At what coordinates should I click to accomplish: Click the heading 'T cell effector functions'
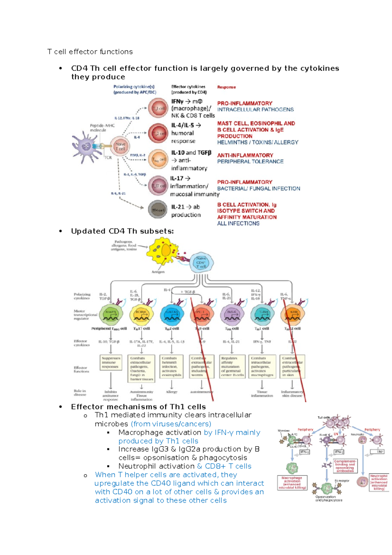(x=90, y=52)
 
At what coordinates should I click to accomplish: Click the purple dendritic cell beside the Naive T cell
(x=86, y=147)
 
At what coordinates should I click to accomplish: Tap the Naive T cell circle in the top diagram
(x=120, y=146)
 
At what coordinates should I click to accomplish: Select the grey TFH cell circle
(x=158, y=210)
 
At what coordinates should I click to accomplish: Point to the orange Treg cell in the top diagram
(x=158, y=160)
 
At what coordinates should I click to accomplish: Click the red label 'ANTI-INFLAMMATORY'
(x=245, y=155)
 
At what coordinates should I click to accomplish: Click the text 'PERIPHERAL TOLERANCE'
(x=250, y=161)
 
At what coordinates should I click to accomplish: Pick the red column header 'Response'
(x=226, y=87)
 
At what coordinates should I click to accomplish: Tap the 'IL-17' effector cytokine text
(x=177, y=178)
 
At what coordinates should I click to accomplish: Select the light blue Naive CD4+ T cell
(x=201, y=262)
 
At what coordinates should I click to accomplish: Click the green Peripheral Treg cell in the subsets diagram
(x=111, y=314)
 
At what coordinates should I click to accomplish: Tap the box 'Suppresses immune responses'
(x=111, y=363)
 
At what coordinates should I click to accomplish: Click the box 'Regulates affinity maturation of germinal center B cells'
(x=232, y=366)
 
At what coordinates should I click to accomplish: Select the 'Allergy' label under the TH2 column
(x=171, y=392)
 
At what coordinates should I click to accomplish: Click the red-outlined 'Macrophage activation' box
(x=292, y=482)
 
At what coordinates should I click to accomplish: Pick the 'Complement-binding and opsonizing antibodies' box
(x=345, y=466)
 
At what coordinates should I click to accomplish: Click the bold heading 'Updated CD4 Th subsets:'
(x=122, y=231)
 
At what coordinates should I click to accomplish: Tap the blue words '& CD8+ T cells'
(x=224, y=466)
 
